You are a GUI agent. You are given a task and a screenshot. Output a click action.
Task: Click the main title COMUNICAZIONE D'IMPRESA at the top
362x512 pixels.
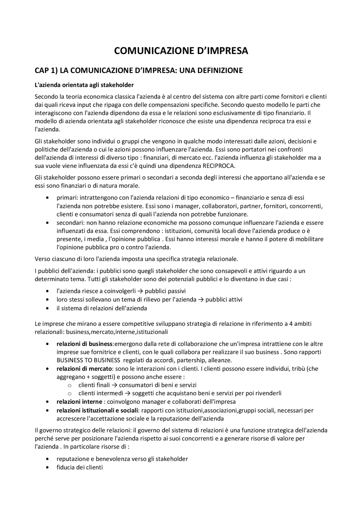(x=181, y=51)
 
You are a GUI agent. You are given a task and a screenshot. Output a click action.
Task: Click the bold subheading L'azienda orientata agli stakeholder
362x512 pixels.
(x=84, y=85)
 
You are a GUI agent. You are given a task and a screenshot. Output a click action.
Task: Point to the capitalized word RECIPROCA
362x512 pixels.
(x=219, y=166)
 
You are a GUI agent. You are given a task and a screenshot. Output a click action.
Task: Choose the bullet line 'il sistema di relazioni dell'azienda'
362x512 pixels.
(x=102, y=308)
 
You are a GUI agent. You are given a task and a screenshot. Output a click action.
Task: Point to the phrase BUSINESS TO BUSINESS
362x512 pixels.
(x=88, y=360)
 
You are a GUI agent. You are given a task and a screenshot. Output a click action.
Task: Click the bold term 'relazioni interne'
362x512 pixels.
(x=79, y=402)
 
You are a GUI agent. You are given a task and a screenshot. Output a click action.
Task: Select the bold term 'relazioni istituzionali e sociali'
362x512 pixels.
(x=97, y=410)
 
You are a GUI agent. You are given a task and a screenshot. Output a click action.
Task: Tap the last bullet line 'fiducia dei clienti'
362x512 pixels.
(x=79, y=467)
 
